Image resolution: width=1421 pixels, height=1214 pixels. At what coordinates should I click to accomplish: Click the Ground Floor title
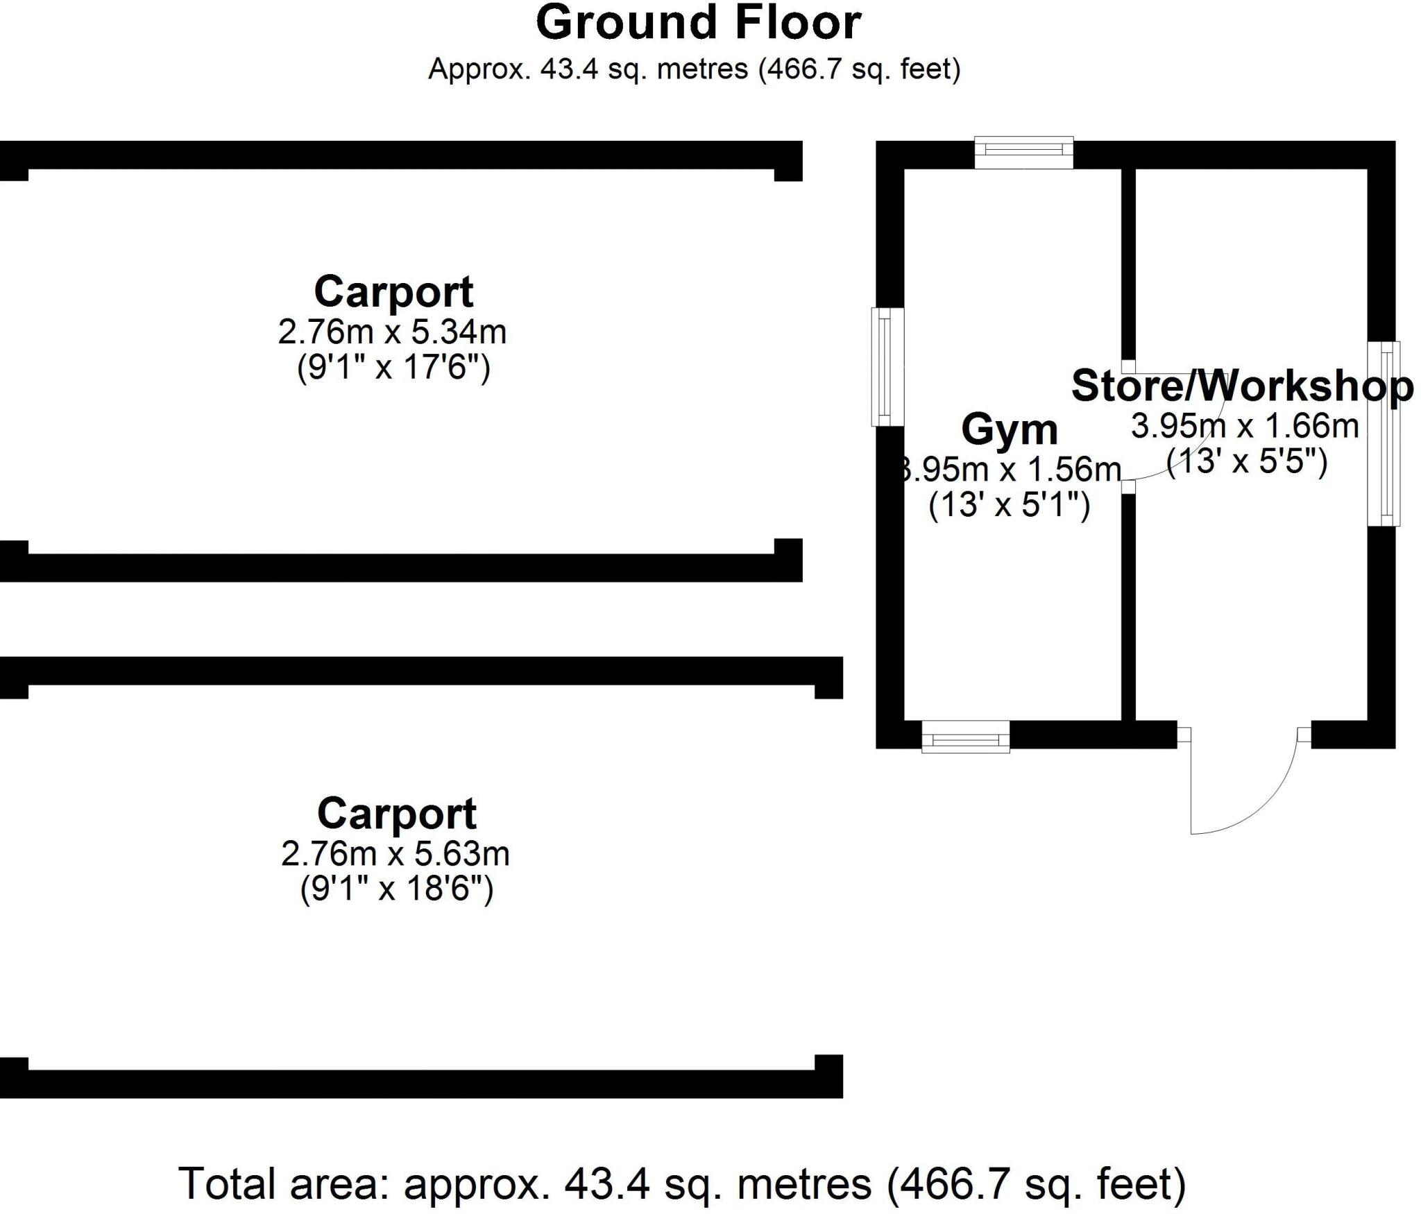[698, 24]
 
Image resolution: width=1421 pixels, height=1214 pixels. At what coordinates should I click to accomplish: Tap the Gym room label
[1010, 429]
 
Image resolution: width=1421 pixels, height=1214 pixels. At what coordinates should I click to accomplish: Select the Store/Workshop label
[1242, 386]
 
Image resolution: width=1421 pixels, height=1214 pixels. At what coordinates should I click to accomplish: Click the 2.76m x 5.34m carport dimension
[392, 332]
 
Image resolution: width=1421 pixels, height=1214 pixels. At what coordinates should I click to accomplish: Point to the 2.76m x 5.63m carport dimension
[395, 853]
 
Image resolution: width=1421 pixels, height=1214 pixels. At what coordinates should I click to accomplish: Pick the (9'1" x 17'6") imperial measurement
[393, 367]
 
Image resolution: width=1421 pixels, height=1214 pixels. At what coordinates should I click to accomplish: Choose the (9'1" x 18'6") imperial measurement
[396, 888]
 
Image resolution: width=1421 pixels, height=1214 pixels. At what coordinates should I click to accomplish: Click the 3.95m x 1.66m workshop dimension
[1245, 426]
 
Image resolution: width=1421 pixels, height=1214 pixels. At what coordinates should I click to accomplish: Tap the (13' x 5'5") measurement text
[1247, 461]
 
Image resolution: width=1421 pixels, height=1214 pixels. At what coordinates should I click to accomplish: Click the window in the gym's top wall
[1024, 153]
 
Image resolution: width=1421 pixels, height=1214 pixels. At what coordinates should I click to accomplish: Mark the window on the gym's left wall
[887, 366]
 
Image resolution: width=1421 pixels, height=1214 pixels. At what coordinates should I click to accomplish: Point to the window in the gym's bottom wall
[965, 737]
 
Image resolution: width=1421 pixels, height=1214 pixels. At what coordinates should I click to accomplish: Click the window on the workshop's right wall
[1383, 434]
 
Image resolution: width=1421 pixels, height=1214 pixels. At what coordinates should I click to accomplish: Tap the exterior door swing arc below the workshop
[1249, 798]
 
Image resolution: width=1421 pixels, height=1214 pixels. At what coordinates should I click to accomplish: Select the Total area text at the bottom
[683, 1184]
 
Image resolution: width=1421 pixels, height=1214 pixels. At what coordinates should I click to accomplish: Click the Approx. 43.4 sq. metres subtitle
[694, 69]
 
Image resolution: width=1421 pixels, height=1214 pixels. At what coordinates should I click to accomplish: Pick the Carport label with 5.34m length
[393, 291]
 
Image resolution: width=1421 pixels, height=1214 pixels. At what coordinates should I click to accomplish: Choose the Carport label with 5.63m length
[397, 813]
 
